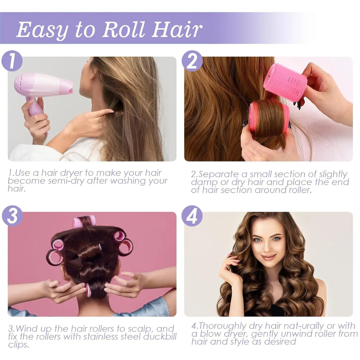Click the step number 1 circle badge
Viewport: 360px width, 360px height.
point(12,61)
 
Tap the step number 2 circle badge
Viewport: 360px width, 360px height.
point(192,61)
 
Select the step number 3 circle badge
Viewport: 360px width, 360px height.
point(12,216)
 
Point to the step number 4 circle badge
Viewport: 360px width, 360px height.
point(192,216)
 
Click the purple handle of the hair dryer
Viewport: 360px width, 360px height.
point(35,107)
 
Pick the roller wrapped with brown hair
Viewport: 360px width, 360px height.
point(269,118)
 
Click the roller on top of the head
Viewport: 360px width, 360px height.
point(84,221)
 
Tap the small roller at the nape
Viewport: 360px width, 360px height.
point(88,290)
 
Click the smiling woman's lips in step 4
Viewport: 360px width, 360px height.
point(269,257)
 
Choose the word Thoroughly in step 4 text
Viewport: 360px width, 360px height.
point(227,326)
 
